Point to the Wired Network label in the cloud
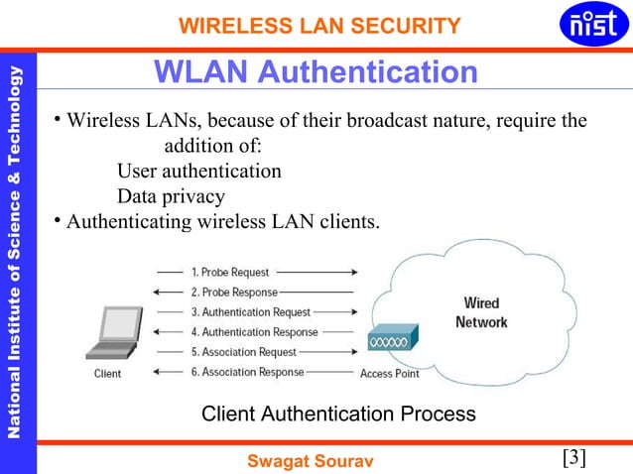click(481, 312)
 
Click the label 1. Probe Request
click(230, 271)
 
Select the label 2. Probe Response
click(234, 292)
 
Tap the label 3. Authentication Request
click(250, 312)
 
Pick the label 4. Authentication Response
click(254, 332)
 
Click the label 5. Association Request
click(244, 352)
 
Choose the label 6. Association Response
click(247, 373)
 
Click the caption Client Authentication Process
click(338, 413)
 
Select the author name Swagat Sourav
click(309, 459)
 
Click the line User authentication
click(198, 172)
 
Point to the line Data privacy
click(171, 196)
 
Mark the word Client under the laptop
click(108, 374)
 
